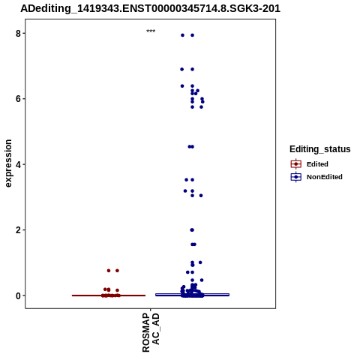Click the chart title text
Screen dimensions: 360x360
pyautogui.click(x=150, y=8)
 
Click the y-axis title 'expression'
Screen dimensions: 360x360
pyautogui.click(x=8, y=163)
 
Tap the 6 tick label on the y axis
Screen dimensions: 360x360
pyautogui.click(x=19, y=99)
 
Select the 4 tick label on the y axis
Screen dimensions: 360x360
pyautogui.click(x=19, y=164)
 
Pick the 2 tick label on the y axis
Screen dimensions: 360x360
pyautogui.click(x=19, y=230)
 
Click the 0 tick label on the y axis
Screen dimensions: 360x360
pyautogui.click(x=19, y=295)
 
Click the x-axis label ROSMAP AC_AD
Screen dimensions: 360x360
pyautogui.click(x=151, y=333)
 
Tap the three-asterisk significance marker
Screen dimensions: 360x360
pyautogui.click(x=151, y=31)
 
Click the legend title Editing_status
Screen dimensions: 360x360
pyautogui.click(x=320, y=149)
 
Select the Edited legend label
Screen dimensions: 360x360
pyautogui.click(x=317, y=164)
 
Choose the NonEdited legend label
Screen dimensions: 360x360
pyautogui.click(x=325, y=177)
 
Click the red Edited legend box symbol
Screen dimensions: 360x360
pyautogui.click(x=296, y=164)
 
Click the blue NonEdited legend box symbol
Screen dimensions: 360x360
pyautogui.click(x=296, y=177)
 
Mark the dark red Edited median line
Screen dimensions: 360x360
pyautogui.click(x=109, y=295)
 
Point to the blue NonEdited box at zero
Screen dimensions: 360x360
pyautogui.click(x=192, y=295)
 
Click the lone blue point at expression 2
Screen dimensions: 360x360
pyautogui.click(x=192, y=230)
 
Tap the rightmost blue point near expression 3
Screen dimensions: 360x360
pyautogui.click(x=201, y=196)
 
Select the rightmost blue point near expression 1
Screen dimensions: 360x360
pyautogui.click(x=200, y=262)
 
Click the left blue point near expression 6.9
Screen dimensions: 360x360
pyautogui.click(x=182, y=69)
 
